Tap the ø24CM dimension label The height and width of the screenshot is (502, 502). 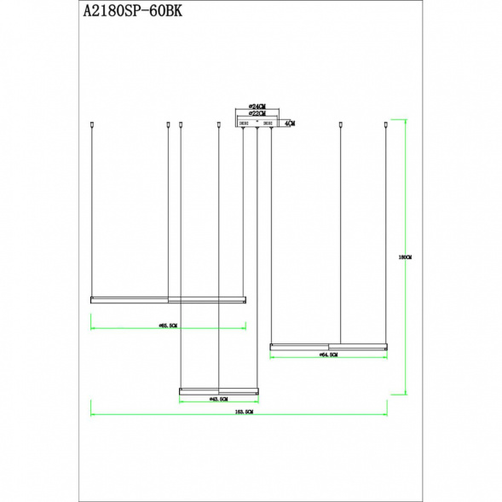tap(256, 107)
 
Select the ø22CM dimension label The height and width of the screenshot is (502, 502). tap(256, 113)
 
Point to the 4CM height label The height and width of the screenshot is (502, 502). tap(291, 124)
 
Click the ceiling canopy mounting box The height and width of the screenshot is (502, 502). tap(257, 124)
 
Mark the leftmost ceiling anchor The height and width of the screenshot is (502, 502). tap(91, 125)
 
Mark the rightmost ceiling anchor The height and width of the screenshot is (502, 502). tap(386, 125)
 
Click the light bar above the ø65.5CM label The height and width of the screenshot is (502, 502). tap(168, 299)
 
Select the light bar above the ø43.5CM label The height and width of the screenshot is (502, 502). tap(217, 390)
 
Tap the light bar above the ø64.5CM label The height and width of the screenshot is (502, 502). tap(329, 346)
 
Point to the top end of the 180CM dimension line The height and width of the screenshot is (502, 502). tap(404, 118)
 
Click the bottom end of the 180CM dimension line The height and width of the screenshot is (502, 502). tap(404, 394)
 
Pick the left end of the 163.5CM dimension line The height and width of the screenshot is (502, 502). tap(91, 415)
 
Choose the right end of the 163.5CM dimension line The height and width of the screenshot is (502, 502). tap(387, 415)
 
